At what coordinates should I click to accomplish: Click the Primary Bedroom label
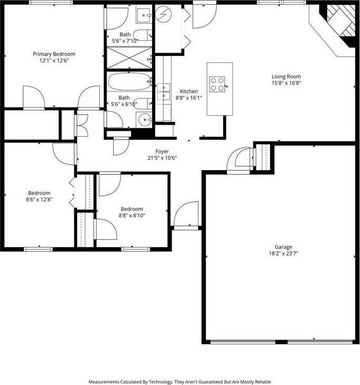point(54,54)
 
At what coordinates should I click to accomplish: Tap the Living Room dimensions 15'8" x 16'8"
point(286,83)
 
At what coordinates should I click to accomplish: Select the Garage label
point(283,247)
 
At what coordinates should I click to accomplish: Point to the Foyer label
point(162,151)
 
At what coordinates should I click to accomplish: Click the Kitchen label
point(188,91)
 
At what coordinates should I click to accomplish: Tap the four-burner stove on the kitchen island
point(217,84)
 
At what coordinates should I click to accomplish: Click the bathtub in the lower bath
point(130,82)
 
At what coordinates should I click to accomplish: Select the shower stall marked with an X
point(129,58)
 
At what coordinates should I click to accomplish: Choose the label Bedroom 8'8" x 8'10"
point(131,212)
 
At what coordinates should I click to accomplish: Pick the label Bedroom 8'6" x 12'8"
point(39,196)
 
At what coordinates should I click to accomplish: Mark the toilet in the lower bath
point(142,103)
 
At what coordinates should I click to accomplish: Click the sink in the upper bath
point(144,15)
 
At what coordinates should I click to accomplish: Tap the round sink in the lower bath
point(145,119)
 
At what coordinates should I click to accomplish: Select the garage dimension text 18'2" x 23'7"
point(283,253)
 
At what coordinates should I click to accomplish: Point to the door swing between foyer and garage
point(238,160)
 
